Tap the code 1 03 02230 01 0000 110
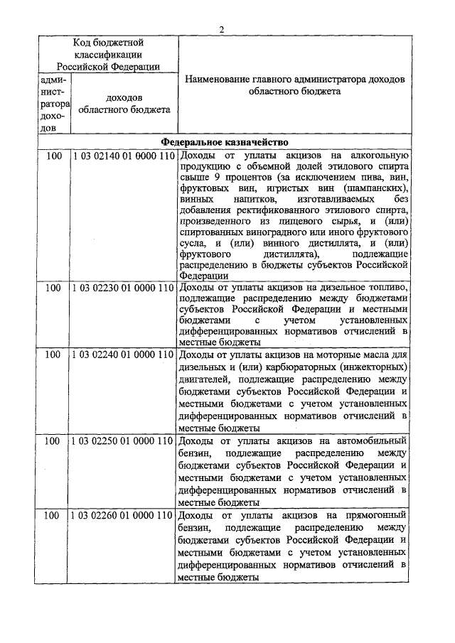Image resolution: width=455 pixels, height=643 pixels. [123, 288]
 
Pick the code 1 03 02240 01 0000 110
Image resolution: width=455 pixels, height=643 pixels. [123, 353]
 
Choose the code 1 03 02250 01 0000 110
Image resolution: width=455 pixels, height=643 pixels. [123, 441]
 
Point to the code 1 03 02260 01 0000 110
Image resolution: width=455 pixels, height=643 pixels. [123, 514]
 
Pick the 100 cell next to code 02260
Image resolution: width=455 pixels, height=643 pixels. [53, 514]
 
